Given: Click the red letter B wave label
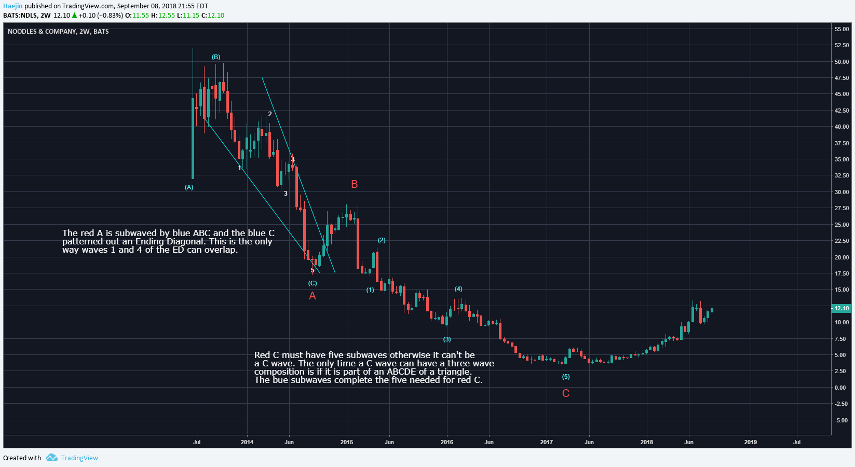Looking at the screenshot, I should pos(355,184).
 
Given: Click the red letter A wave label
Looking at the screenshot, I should pos(313,296).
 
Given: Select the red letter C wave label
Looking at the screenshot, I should pos(566,393).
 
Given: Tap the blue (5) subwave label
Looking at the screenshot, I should pos(566,377).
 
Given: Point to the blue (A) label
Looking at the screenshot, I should pos(189,187).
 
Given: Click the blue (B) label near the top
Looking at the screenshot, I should pos(216,57).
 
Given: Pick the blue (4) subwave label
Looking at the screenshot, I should pos(458,289).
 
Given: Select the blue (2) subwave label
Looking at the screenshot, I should pos(382,240).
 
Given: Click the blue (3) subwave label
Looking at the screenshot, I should pos(447,339).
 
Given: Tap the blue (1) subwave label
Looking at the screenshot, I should pos(370,290).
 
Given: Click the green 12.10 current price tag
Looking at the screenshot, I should pos(842,308).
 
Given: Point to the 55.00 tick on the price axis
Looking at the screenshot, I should pos(842,29).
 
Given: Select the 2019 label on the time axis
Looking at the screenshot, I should pos(750,442).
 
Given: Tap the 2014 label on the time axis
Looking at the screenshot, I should pos(247,442).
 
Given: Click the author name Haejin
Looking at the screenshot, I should pos(13,6).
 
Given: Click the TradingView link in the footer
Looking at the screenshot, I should pos(79,458).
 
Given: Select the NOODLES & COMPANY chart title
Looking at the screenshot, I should pos(58,32).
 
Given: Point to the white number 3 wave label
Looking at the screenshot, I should pos(286,194).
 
